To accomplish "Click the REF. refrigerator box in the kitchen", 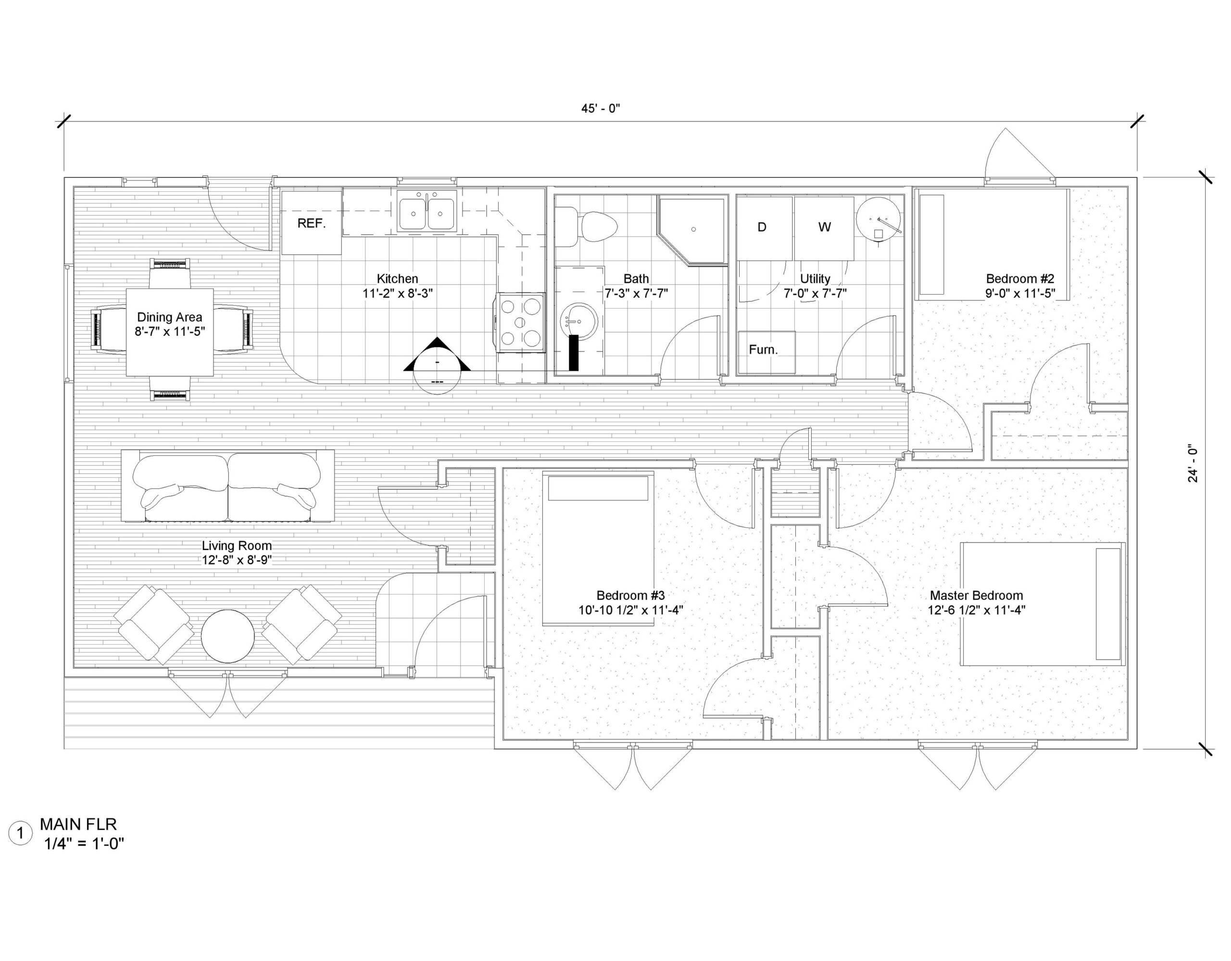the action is tap(312, 223).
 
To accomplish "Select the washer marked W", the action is tap(824, 228).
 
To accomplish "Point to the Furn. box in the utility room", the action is tap(766, 352).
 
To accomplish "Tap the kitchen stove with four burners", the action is tap(521, 323).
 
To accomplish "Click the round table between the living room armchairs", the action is tap(228, 637).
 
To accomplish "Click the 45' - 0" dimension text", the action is tap(601, 108).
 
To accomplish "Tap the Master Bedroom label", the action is tap(976, 595).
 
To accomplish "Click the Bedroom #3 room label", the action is tap(631, 595).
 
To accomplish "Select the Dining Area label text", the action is tap(170, 317).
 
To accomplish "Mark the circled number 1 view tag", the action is tap(21, 833).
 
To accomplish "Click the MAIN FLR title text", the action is tap(78, 824).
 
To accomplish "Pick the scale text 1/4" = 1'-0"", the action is tap(84, 844).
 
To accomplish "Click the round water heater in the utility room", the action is tap(878, 219).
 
